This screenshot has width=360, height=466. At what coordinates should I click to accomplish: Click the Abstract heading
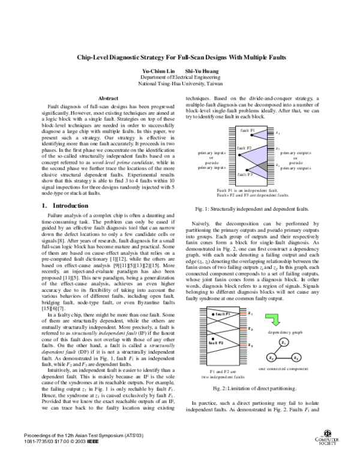click(107, 98)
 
